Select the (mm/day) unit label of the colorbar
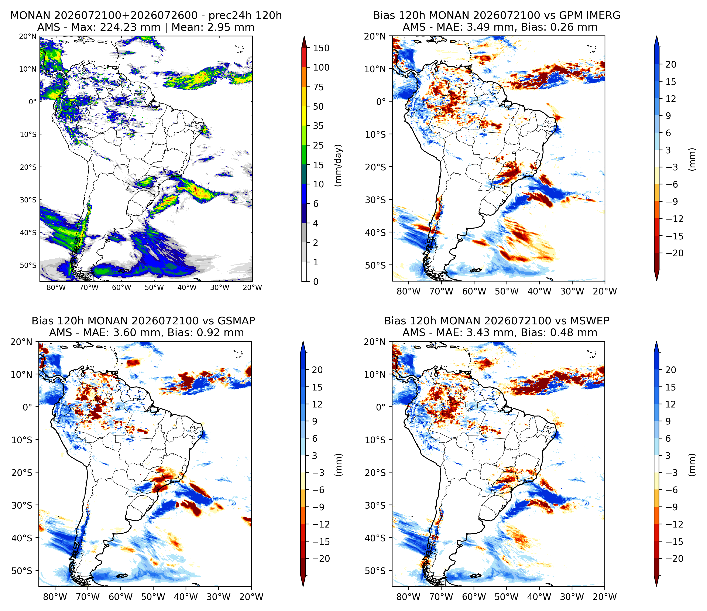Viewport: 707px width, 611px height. (338, 165)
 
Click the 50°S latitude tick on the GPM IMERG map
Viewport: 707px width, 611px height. (375, 265)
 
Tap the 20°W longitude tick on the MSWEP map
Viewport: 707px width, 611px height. (605, 597)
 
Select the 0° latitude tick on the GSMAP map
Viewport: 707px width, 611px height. (27, 407)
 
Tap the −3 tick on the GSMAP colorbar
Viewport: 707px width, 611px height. (319, 473)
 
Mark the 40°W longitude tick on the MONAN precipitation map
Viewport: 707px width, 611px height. (187, 287)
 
